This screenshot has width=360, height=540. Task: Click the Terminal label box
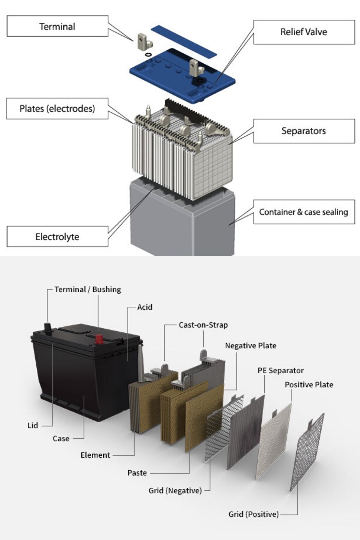coord(57,26)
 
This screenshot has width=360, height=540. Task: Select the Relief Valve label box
coord(304,32)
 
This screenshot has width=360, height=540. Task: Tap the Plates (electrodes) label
coord(57,108)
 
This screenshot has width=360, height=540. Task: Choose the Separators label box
coord(304,131)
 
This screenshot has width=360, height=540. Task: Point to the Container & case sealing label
coord(304,212)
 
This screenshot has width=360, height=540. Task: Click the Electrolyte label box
coord(57,237)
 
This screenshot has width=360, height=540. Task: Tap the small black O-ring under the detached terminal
coord(148,55)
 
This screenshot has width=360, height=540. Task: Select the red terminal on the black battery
coord(99,339)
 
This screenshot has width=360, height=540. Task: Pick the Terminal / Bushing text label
coord(88,289)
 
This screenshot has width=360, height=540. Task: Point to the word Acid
coord(145,307)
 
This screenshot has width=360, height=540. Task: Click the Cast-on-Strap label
coord(203,325)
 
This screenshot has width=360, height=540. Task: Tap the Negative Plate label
coord(251,346)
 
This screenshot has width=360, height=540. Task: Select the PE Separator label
coord(281,370)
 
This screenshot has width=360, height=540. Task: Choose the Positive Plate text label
coord(309,384)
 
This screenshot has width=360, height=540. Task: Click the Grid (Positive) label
coord(253,514)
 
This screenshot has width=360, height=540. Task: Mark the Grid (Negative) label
coord(175,490)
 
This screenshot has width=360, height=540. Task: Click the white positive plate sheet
coord(274,441)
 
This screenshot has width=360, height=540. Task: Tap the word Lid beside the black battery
coord(33,426)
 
